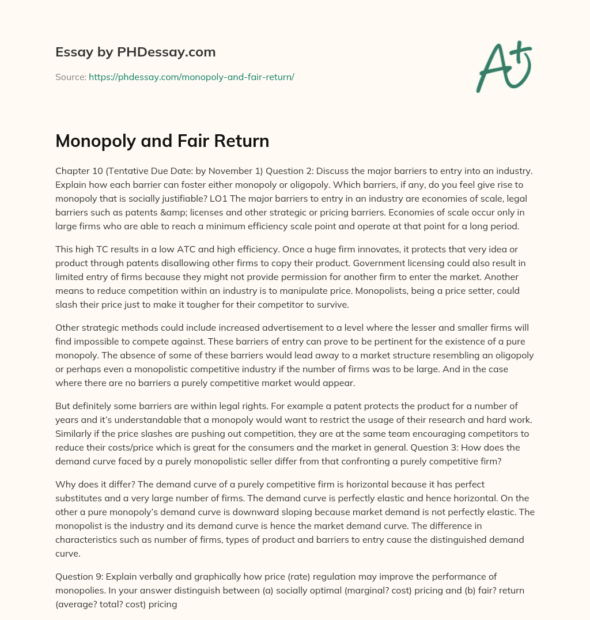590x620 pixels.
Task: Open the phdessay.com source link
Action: (x=191, y=77)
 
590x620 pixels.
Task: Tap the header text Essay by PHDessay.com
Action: (x=135, y=52)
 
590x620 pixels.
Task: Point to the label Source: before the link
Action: (x=70, y=77)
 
